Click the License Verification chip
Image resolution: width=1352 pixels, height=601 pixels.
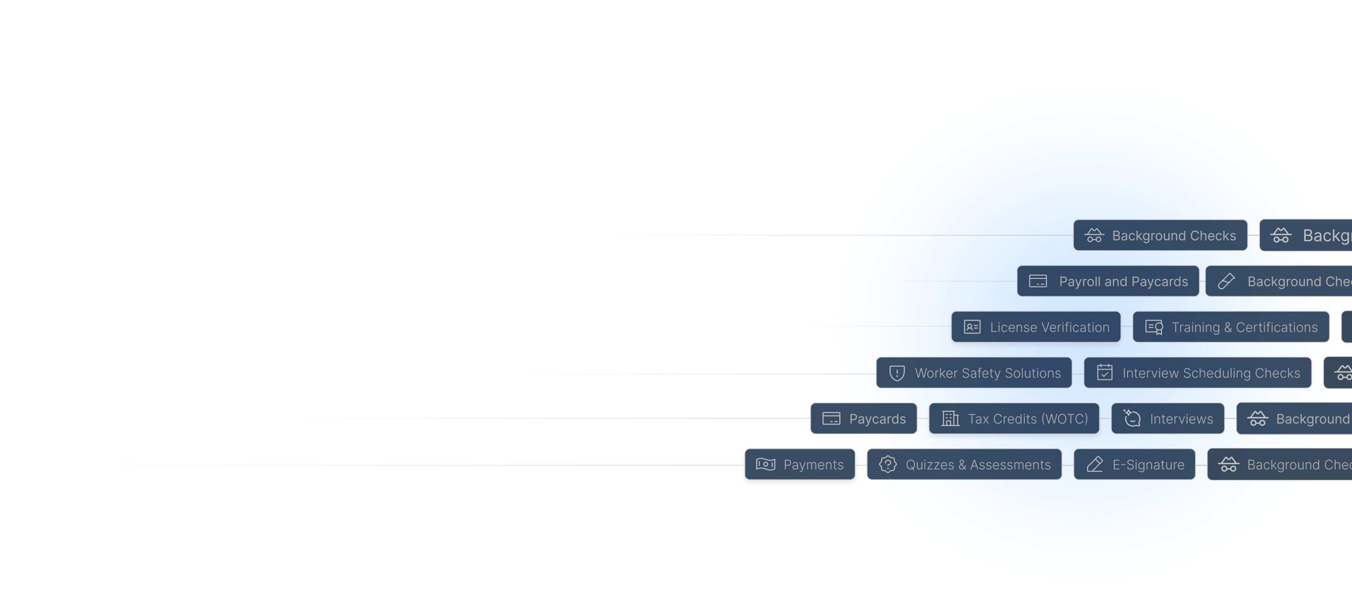click(x=1036, y=327)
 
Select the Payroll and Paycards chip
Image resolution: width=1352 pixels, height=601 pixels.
click(x=1108, y=281)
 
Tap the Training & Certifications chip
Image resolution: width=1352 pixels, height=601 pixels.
click(x=1231, y=327)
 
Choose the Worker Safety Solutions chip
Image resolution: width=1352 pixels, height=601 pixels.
click(x=974, y=373)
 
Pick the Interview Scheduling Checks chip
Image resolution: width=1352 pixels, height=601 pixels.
click(x=1198, y=373)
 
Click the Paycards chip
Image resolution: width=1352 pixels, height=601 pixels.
click(x=864, y=419)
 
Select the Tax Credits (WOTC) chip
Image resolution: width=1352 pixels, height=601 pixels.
click(x=1014, y=419)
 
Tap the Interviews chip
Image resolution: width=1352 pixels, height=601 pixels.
click(x=1168, y=419)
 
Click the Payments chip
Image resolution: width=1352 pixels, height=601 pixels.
click(x=800, y=464)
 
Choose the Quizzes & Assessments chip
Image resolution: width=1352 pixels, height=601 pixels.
click(x=964, y=464)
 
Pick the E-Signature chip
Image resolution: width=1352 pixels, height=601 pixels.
click(x=1135, y=464)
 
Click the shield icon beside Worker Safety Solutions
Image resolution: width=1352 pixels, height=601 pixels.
click(x=897, y=373)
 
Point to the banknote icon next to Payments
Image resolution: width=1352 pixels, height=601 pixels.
click(x=766, y=464)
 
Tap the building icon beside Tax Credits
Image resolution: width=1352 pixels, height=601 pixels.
click(x=951, y=419)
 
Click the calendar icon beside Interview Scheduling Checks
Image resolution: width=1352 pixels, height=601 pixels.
click(x=1105, y=373)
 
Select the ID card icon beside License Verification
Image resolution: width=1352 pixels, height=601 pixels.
click(x=972, y=327)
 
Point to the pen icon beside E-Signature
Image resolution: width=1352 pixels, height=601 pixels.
click(x=1095, y=464)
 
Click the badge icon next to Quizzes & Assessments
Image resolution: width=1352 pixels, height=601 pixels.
click(x=888, y=464)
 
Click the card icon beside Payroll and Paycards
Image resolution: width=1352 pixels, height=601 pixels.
click(x=1037, y=281)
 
